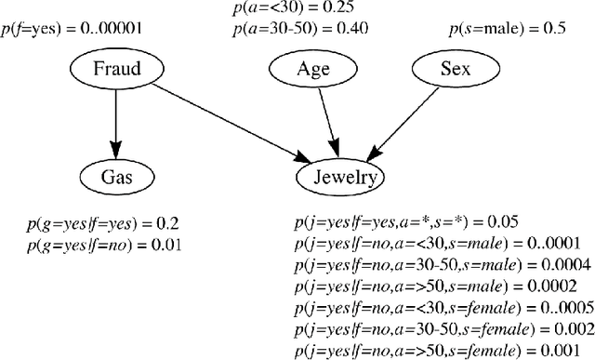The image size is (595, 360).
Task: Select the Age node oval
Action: (x=312, y=68)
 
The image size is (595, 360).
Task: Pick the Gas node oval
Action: (x=115, y=176)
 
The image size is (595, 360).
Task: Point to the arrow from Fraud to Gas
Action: (x=115, y=121)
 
